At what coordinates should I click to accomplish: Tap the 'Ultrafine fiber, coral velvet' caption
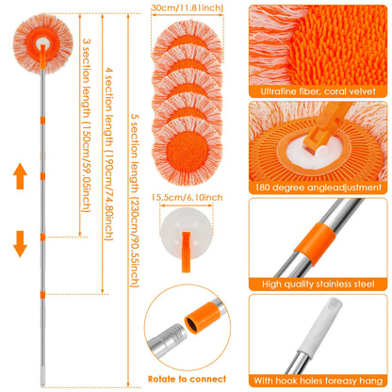coord(320,91)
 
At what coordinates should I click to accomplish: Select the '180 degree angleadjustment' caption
coord(320,186)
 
